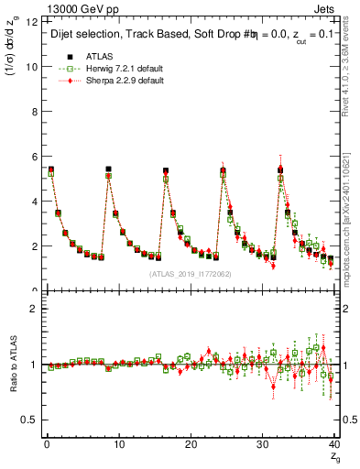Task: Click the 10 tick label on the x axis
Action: (x=117, y=443)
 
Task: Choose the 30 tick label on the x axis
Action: (x=260, y=443)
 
